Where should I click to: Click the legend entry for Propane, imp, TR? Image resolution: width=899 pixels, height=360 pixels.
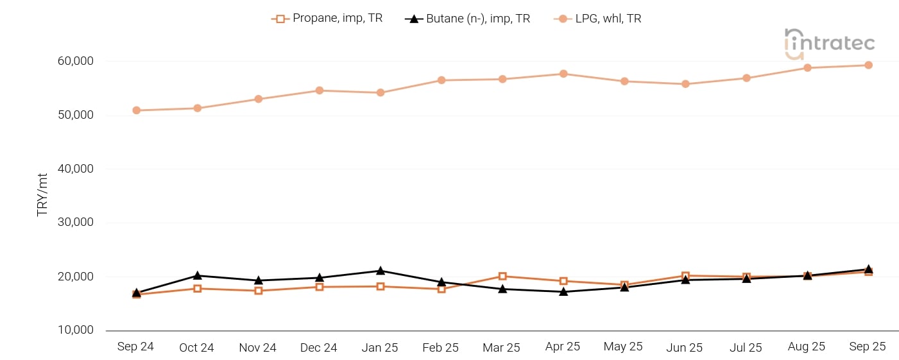point(327,19)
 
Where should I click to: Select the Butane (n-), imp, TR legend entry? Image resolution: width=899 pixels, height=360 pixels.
point(468,19)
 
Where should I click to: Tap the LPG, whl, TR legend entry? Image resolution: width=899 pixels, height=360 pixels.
point(598,19)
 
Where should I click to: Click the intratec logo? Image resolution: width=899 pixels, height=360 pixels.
point(829,44)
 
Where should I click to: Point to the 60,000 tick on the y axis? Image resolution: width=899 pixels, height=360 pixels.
point(75,62)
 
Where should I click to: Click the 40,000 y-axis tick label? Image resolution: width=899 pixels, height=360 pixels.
point(75,169)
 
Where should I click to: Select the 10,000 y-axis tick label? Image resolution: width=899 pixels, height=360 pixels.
point(75,330)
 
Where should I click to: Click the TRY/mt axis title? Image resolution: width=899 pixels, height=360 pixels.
point(42,194)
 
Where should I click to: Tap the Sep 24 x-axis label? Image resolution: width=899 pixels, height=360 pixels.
point(135,347)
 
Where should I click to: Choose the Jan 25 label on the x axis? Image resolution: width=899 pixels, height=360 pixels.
point(380,347)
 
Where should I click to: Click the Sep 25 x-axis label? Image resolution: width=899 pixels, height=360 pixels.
point(868,347)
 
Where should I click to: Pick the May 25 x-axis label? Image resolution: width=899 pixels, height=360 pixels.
point(623,347)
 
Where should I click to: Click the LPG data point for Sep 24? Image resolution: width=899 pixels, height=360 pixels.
point(136,110)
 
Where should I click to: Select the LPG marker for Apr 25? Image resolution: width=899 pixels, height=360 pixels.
point(563,74)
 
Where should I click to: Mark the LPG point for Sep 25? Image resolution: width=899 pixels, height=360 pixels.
point(868,65)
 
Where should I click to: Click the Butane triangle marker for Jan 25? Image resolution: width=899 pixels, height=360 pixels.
point(381,271)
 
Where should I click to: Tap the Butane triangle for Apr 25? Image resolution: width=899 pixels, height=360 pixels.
point(563,291)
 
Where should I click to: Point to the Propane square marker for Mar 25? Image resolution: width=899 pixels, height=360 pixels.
point(502,277)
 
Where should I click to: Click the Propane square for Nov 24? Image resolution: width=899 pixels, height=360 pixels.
point(258,291)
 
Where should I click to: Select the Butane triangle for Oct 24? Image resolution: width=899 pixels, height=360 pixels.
point(197,275)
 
